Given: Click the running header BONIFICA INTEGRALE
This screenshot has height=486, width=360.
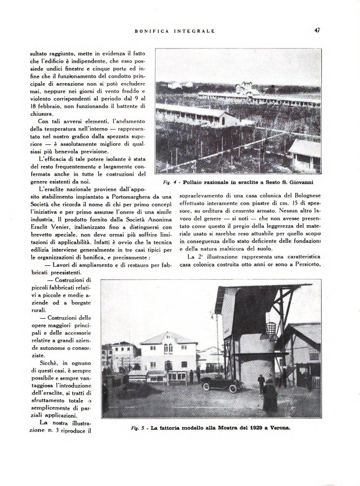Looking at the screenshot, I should point(174,31).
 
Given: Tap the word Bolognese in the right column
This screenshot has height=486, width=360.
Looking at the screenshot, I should point(303,193).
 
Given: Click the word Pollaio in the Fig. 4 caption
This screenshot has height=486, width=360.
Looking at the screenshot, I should point(195,183).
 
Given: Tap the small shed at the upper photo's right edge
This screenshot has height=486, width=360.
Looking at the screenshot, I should point(304,154).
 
